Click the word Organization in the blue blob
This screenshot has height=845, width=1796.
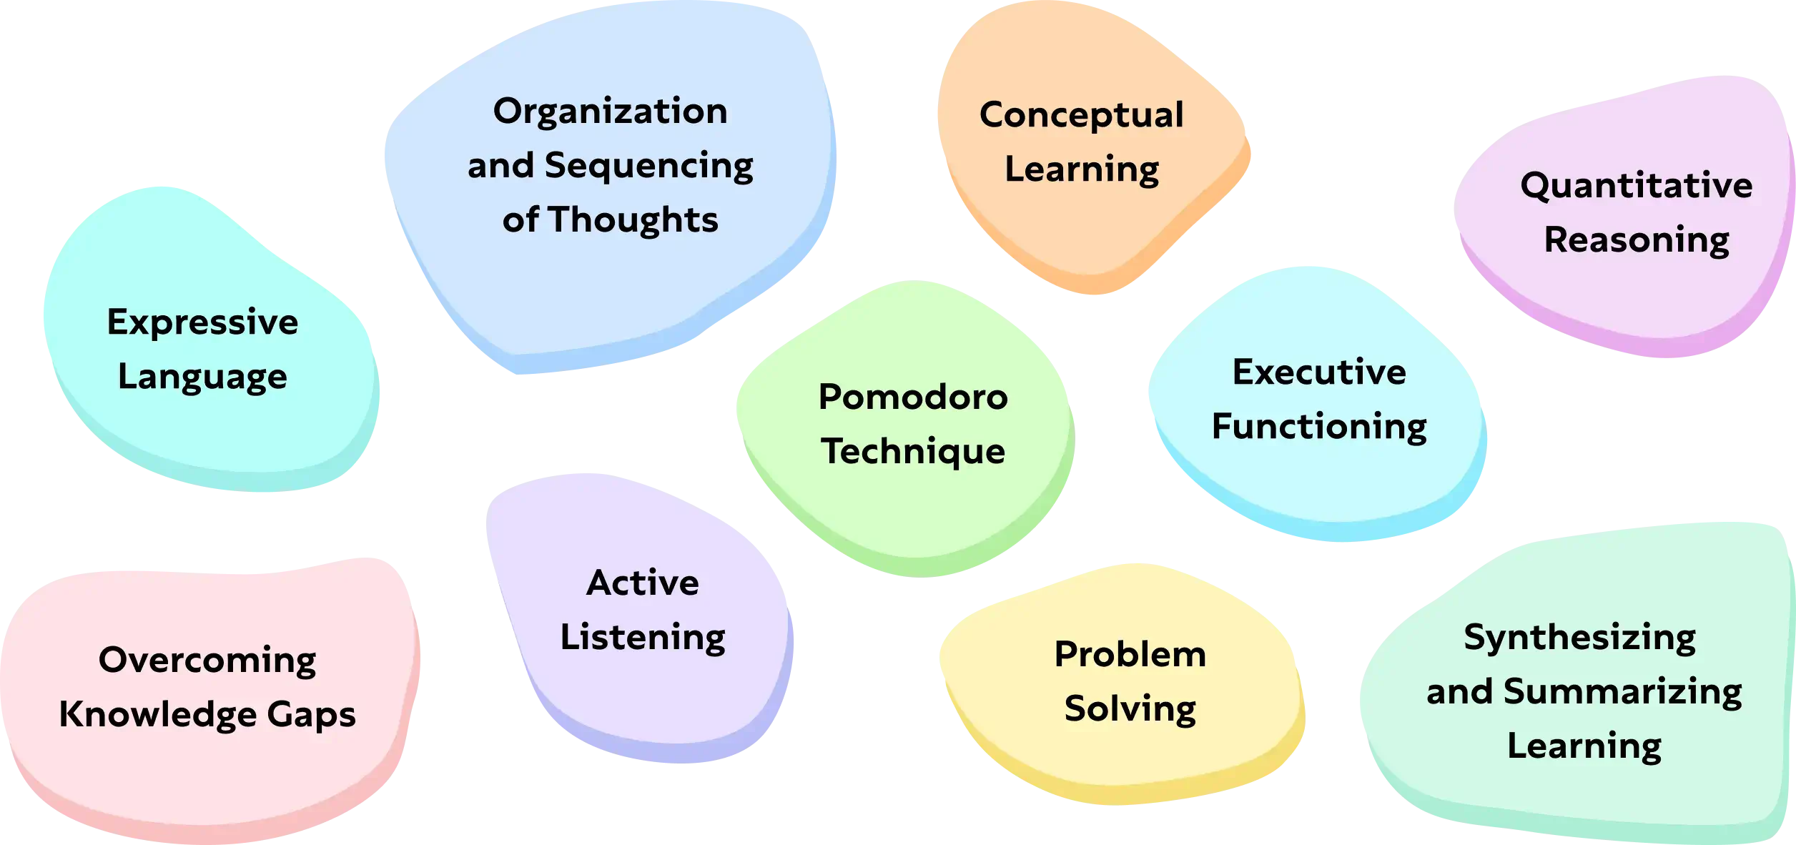point(610,112)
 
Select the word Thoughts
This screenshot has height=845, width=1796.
point(633,220)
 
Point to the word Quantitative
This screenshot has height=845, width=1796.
point(1636,186)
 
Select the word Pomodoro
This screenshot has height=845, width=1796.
point(913,397)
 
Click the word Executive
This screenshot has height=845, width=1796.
point(1319,372)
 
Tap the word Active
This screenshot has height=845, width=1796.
point(643,583)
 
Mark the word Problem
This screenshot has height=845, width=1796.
point(1130,655)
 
